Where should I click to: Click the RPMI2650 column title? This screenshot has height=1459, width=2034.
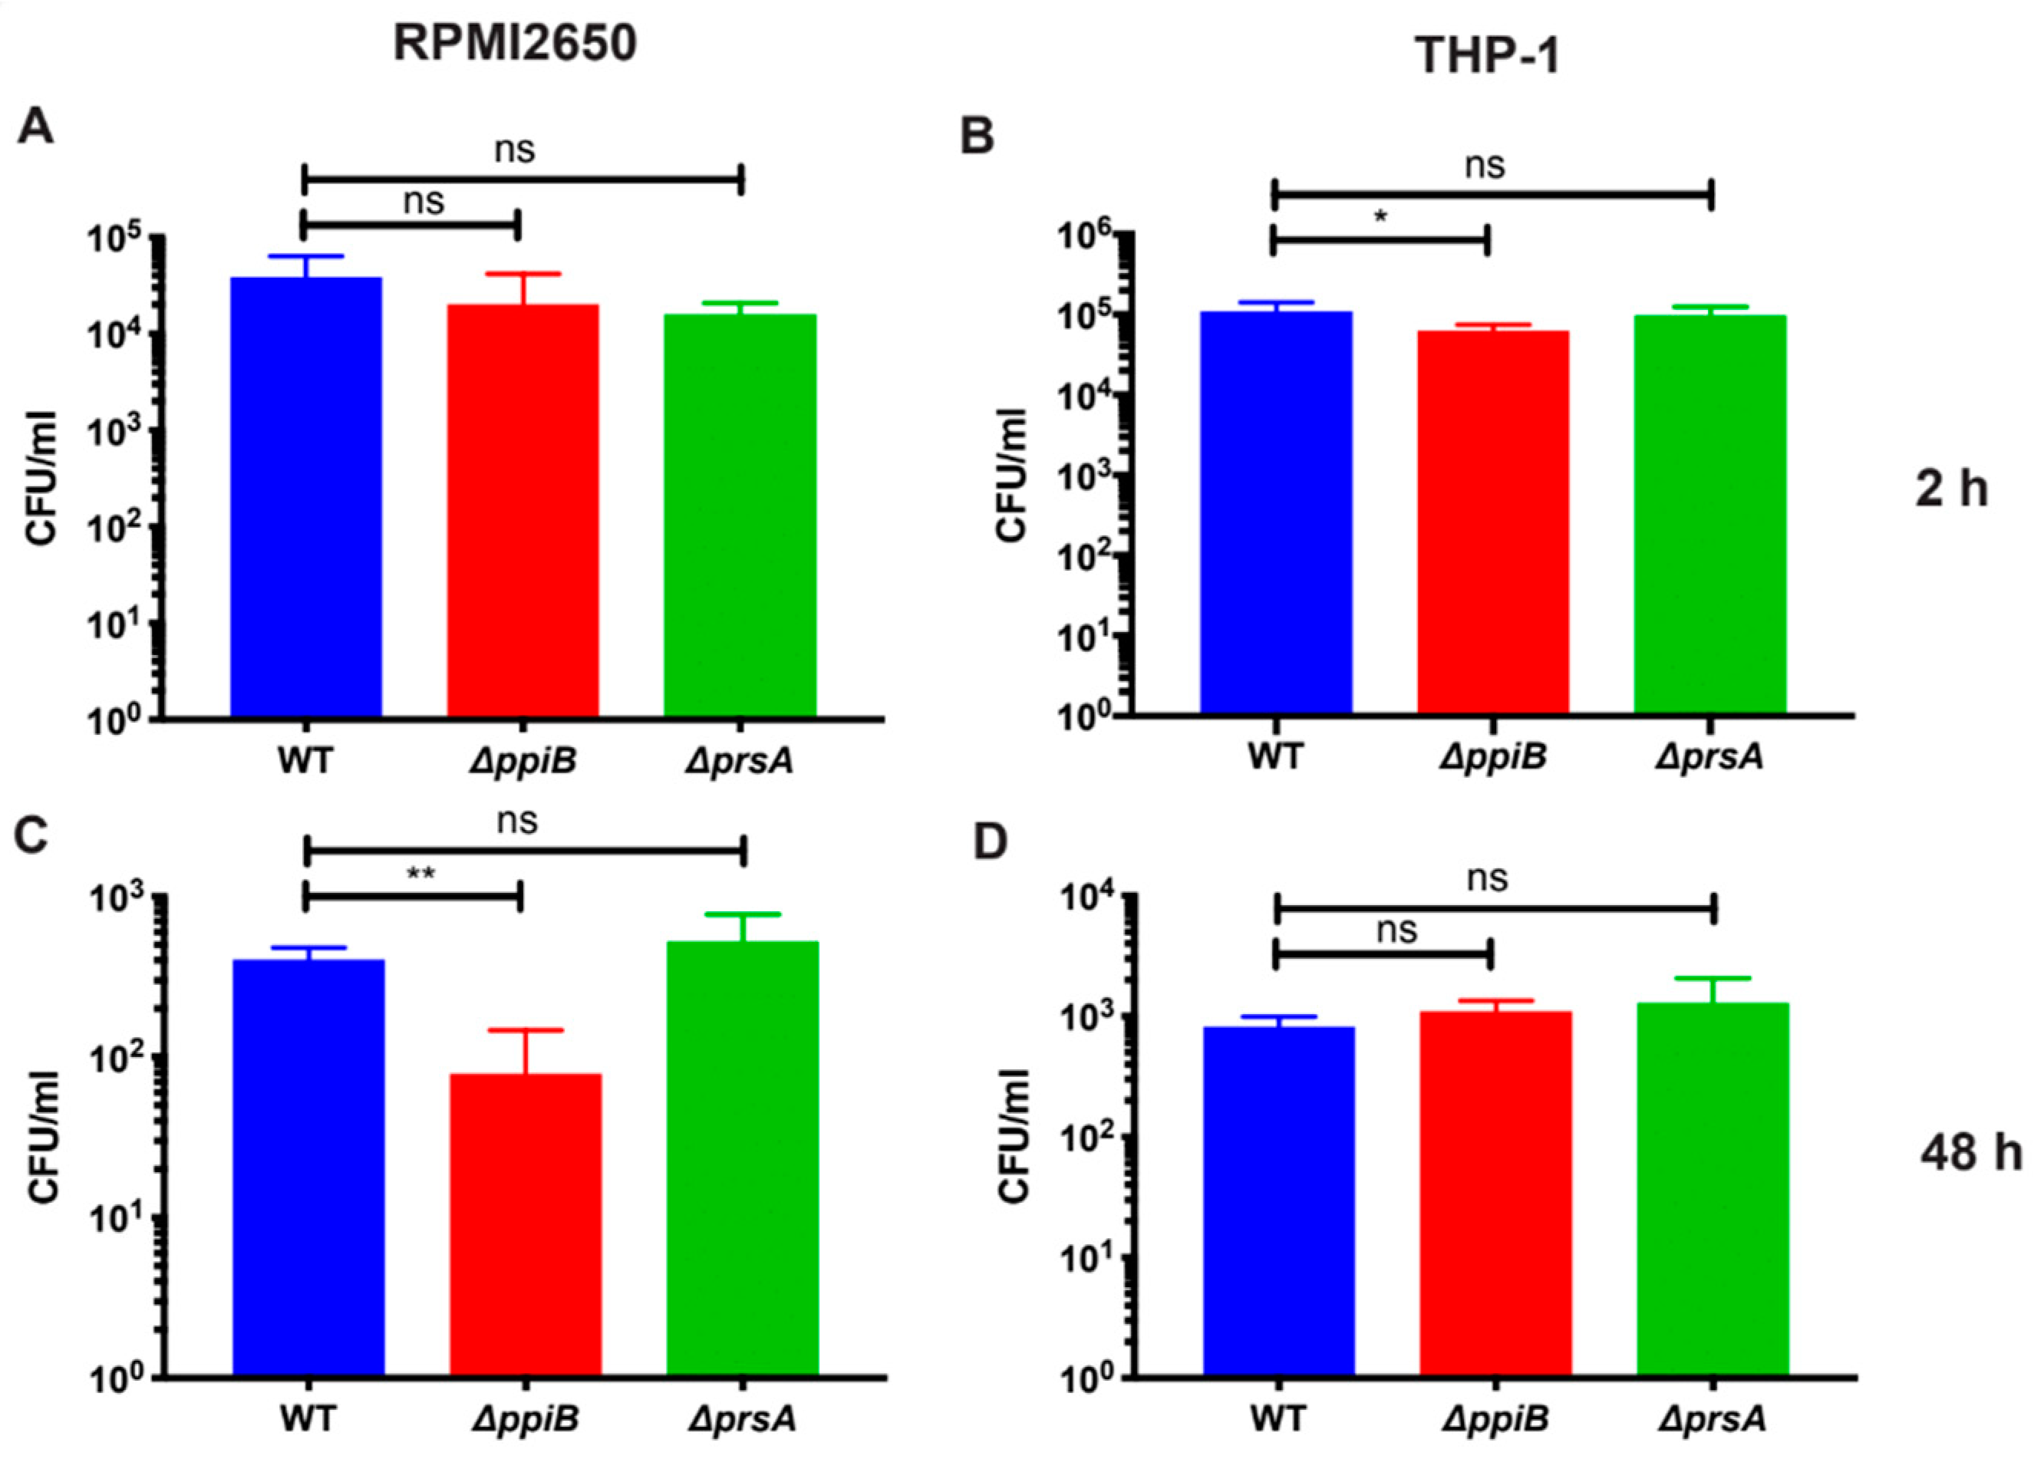[x=515, y=44]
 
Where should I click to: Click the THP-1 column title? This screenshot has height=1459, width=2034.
[x=1487, y=57]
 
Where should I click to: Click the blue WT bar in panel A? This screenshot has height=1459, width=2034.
[x=306, y=498]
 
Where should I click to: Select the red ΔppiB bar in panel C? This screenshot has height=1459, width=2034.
[x=525, y=1224]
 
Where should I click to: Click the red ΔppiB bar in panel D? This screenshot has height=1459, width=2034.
[x=1495, y=1194]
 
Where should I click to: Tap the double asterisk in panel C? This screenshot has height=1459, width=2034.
[x=420, y=874]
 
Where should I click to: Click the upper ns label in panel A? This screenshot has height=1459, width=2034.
[x=515, y=150]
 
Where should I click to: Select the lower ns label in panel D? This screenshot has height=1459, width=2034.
[x=1396, y=930]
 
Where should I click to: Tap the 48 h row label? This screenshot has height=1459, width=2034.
[x=1970, y=1151]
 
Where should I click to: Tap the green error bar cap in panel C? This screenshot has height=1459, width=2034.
[x=743, y=914]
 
